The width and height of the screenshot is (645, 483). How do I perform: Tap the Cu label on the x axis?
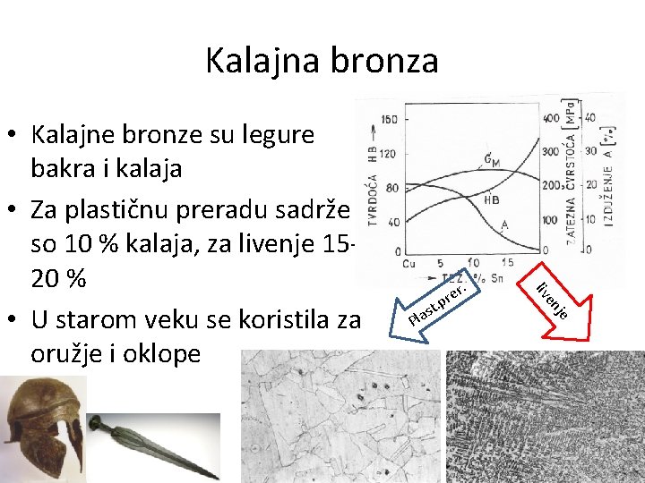pyautogui.click(x=408, y=264)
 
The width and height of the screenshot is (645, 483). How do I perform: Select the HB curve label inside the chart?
pyautogui.click(x=492, y=200)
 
